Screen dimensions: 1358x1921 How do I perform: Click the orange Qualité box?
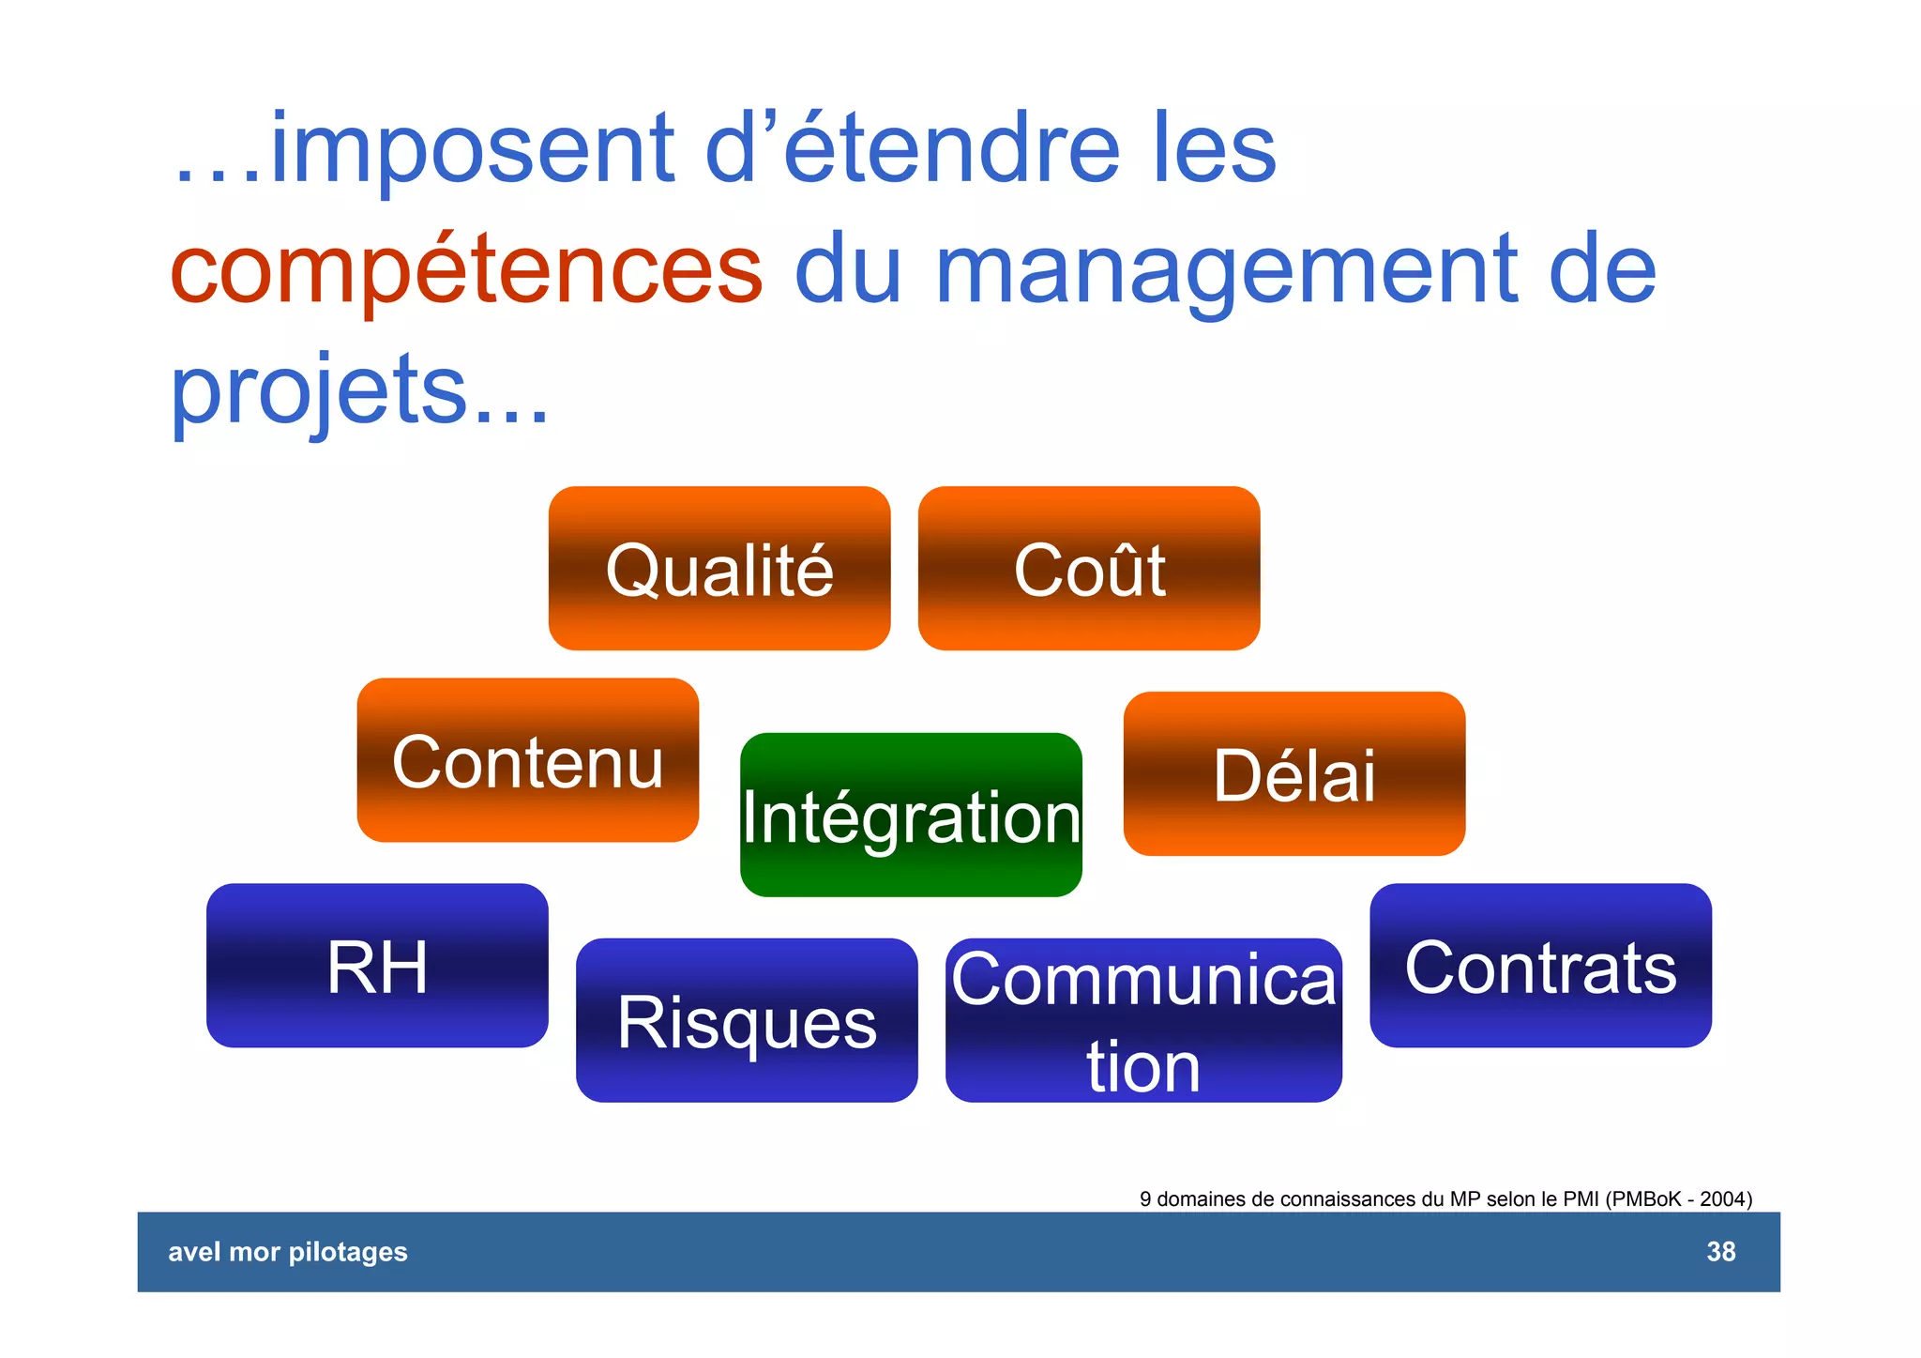coord(719,569)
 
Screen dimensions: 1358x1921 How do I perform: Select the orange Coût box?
coord(1089,569)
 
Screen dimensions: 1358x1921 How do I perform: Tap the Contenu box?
coord(527,760)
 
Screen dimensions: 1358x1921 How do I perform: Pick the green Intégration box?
coord(911,816)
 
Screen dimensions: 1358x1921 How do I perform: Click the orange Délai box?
coord(1294,774)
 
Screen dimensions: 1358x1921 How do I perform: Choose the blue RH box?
coord(377,966)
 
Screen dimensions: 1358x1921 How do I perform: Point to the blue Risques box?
coord(747,1021)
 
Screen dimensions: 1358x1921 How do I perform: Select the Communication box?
coord(1143,1021)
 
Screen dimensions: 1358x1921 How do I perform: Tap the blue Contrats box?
coord(1540,966)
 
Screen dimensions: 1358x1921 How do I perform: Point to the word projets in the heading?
coord(319,389)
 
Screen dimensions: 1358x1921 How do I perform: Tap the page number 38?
coord(1720,1252)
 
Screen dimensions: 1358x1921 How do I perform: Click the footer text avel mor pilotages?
coord(287,1252)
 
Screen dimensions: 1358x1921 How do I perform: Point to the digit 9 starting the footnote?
coord(1145,1199)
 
